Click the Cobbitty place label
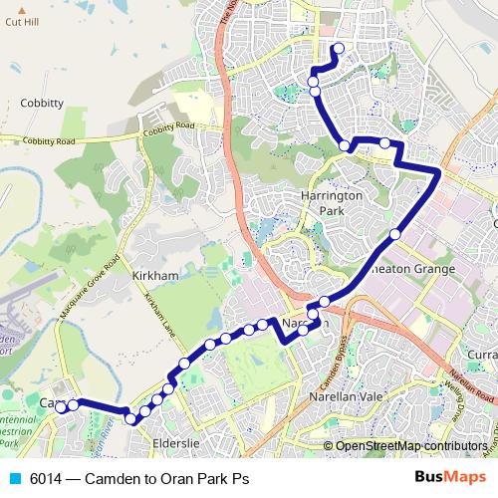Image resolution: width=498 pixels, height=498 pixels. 41,103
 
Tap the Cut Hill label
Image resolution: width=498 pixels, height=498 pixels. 21,20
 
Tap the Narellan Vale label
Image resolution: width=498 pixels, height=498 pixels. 349,395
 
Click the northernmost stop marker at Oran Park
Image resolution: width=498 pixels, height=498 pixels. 338,48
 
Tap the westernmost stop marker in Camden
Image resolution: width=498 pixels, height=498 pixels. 61,406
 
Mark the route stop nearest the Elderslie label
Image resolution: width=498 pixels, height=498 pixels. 131,418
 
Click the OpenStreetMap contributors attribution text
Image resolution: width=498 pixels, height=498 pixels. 411,446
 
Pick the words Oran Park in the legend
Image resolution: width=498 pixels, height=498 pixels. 193,478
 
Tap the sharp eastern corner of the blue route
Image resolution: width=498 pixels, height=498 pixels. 438,173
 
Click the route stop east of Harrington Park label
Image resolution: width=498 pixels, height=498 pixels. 395,234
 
